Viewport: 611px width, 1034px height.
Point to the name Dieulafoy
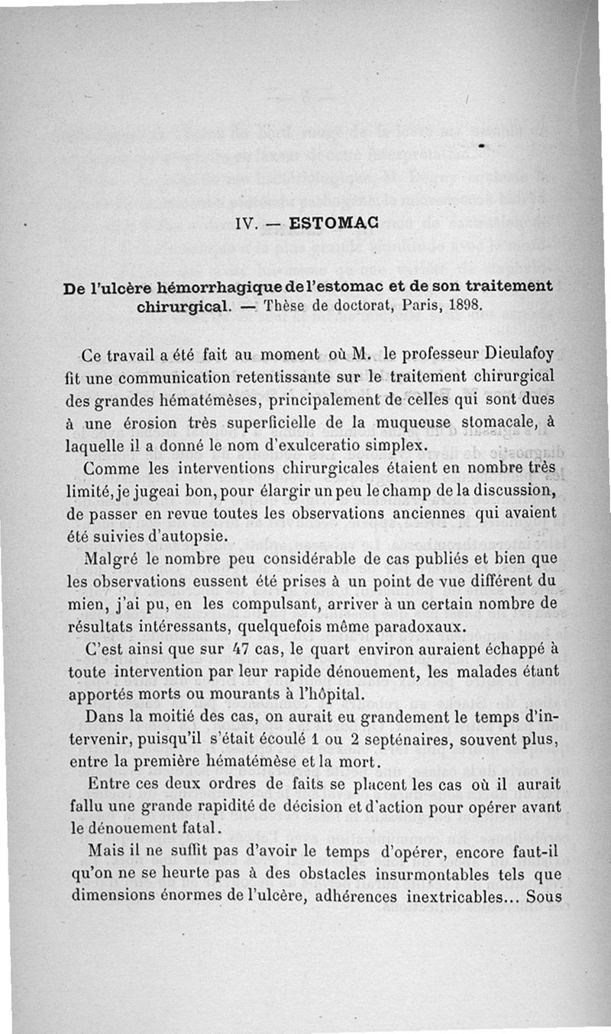513,356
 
